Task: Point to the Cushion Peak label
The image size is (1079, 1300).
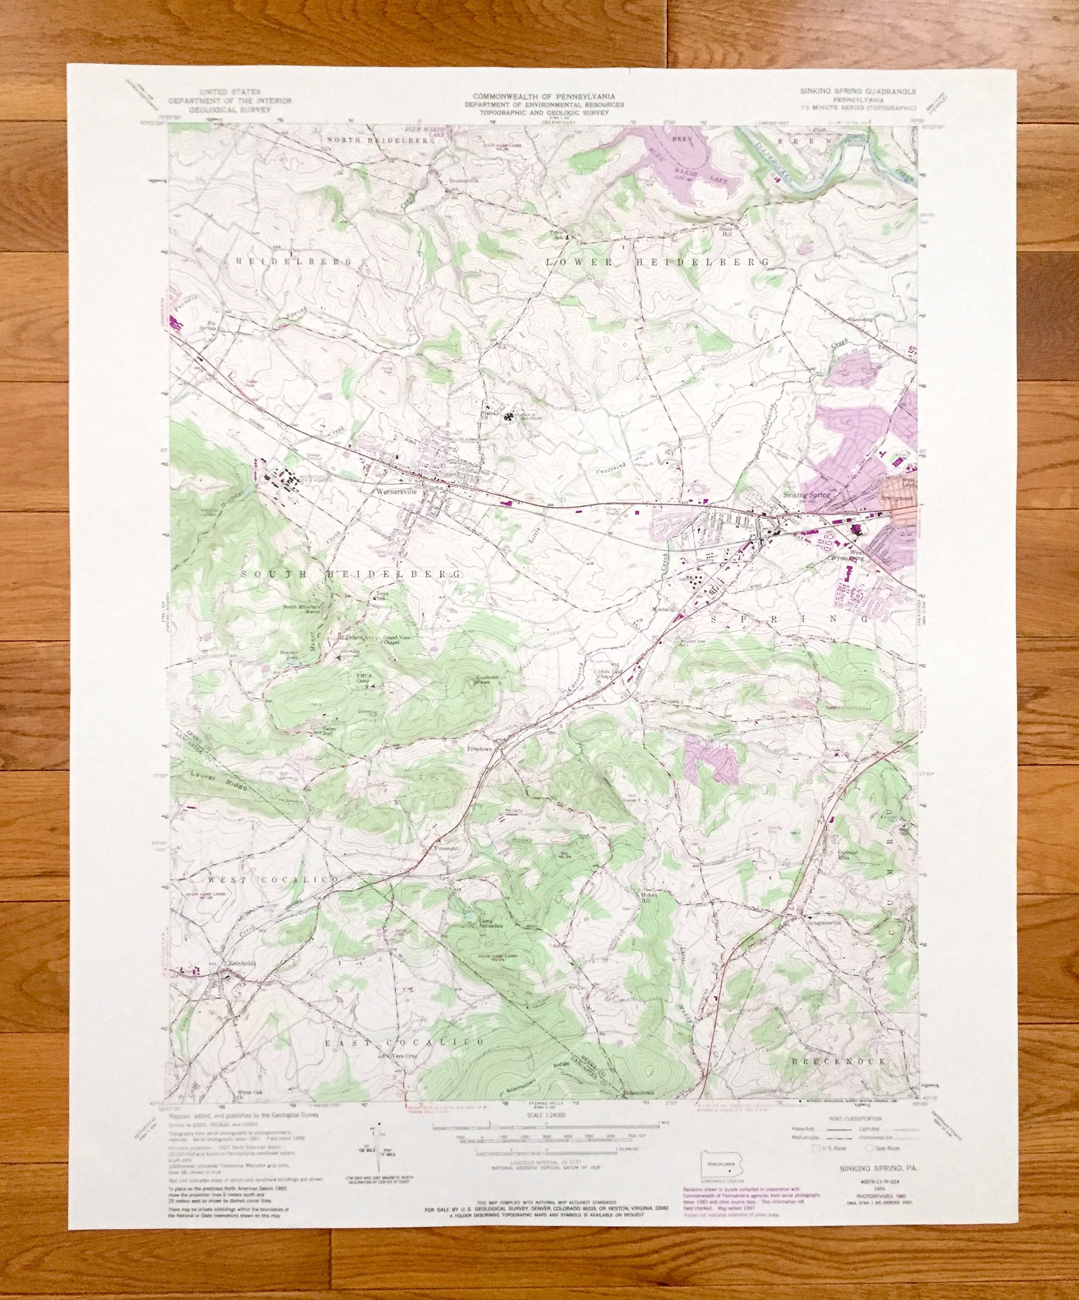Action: [x=487, y=679]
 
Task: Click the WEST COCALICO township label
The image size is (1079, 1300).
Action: [x=273, y=880]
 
